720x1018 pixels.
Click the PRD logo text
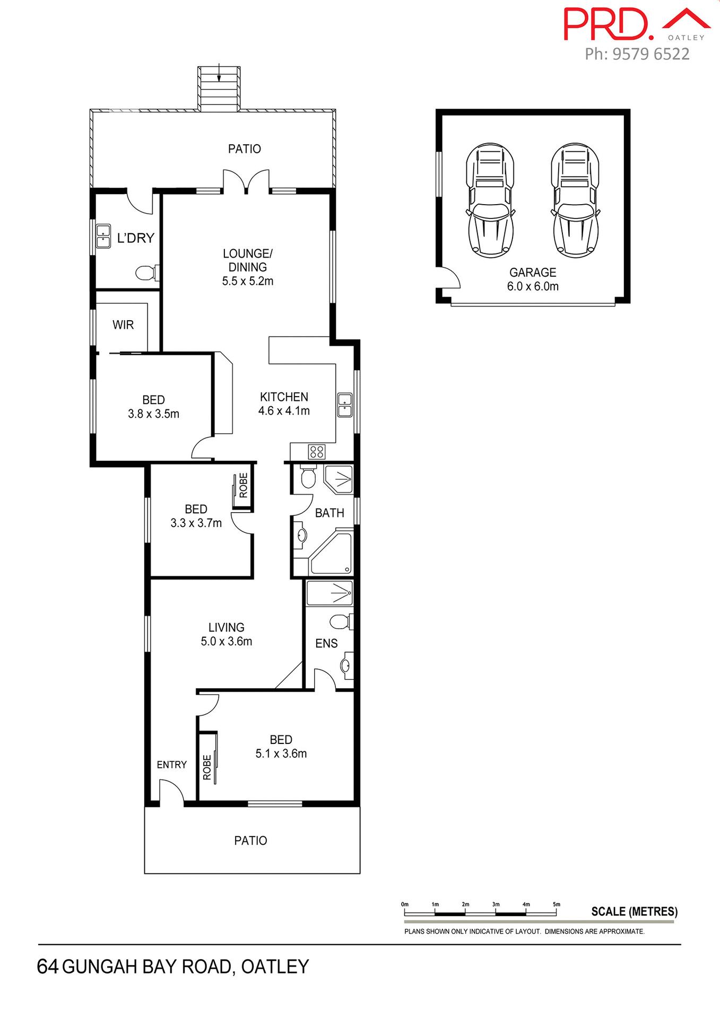(x=608, y=24)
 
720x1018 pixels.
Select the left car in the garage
(x=490, y=200)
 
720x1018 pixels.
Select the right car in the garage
(x=575, y=200)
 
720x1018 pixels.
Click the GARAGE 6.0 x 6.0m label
(x=533, y=279)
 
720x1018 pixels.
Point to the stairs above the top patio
(x=219, y=89)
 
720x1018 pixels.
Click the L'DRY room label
(x=136, y=239)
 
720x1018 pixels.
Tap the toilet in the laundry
(x=145, y=273)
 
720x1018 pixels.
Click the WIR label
(x=123, y=325)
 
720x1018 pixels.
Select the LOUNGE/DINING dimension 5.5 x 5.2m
(x=248, y=282)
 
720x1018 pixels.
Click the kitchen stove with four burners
(x=317, y=452)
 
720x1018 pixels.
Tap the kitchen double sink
(x=345, y=405)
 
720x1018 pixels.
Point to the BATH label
(x=329, y=513)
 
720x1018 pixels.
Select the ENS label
(x=326, y=644)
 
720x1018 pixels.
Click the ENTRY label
(x=172, y=765)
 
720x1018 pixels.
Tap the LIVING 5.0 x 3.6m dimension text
(x=227, y=642)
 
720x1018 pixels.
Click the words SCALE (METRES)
(x=635, y=911)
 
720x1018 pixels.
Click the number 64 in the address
(x=48, y=967)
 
